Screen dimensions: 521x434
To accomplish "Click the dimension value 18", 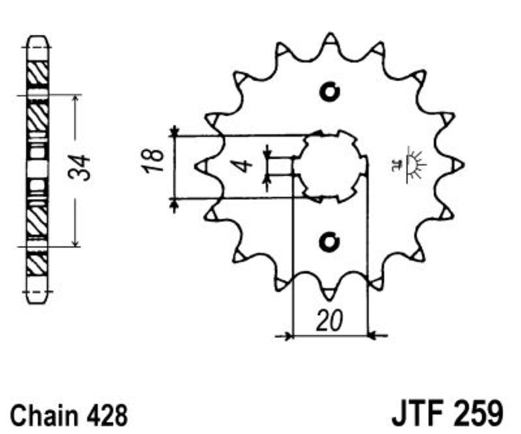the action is coord(154,161).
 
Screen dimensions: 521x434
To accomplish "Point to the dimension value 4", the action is coord(245,166).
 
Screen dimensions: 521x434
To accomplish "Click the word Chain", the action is coord(44,415).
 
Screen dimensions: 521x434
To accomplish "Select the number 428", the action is coord(107,415).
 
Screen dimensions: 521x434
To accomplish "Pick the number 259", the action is coord(478,413).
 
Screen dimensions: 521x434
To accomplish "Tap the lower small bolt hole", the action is coord(330,242).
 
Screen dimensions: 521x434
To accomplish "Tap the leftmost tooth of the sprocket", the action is coord(203,166).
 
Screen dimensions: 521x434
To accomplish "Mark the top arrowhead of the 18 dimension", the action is coord(175,132).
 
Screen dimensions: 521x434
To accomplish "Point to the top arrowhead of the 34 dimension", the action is coord(76,100).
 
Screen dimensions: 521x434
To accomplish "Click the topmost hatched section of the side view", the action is coord(37,73).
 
